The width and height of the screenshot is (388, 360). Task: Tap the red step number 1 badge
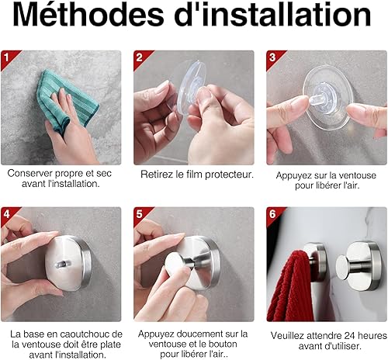click(x=8, y=58)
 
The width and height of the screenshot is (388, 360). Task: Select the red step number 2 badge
click(x=140, y=58)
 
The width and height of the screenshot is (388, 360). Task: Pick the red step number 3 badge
click(x=273, y=58)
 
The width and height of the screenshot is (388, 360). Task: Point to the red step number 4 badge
click(x=8, y=215)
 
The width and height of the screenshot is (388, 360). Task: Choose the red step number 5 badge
click(x=140, y=215)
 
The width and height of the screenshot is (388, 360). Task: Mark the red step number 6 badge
click(x=273, y=215)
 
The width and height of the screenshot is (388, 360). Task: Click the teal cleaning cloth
click(x=66, y=99)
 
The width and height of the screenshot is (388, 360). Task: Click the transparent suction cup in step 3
click(x=328, y=98)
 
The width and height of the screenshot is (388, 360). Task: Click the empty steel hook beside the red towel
click(x=359, y=266)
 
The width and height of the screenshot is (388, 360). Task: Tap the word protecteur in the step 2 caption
click(x=229, y=175)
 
